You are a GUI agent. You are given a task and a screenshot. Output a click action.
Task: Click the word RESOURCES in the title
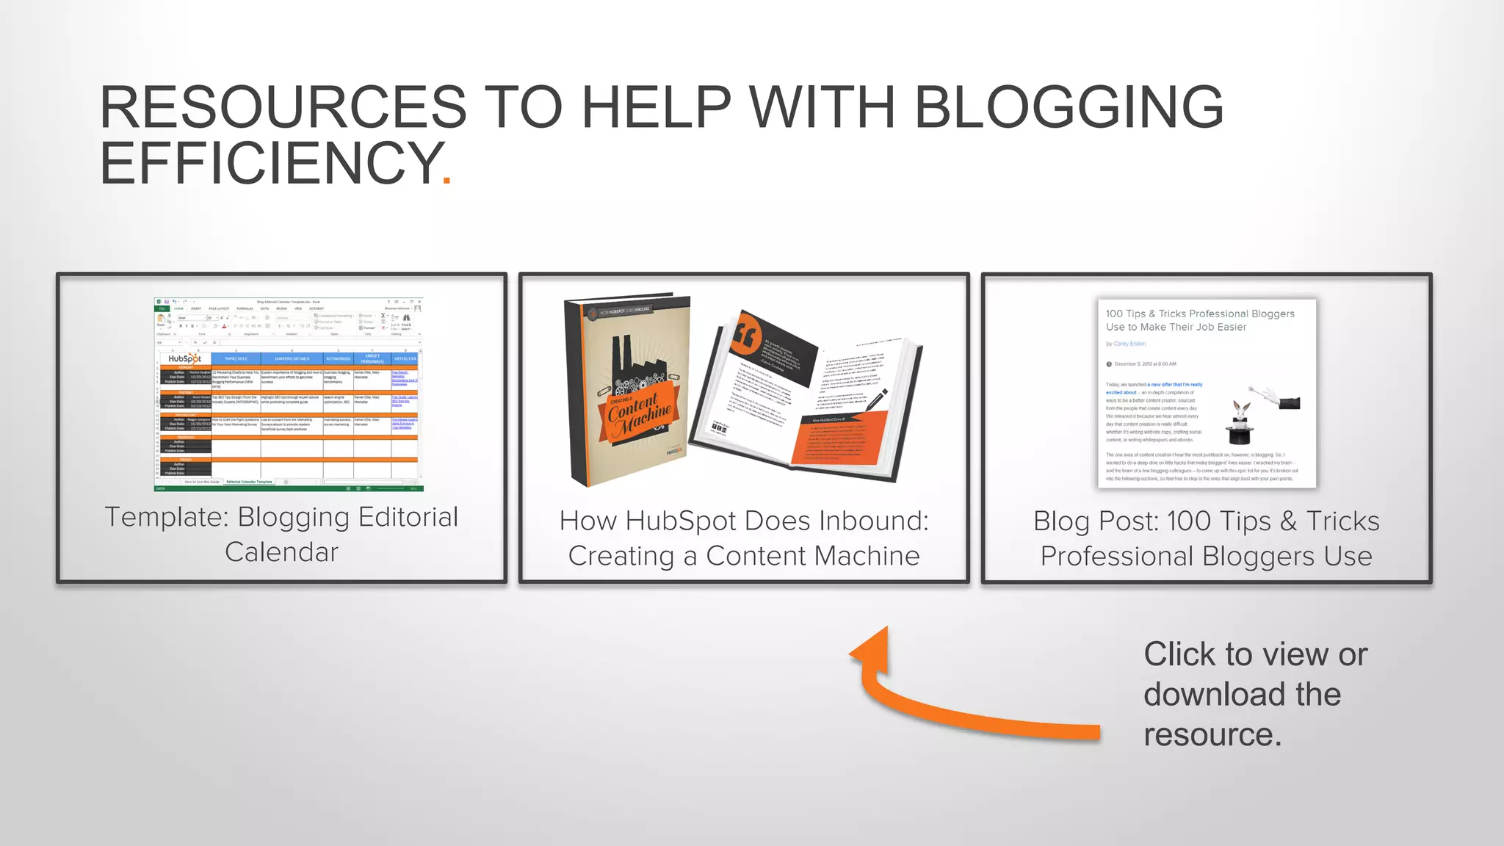click(x=283, y=107)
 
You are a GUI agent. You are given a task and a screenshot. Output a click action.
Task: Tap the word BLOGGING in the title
click(x=1069, y=107)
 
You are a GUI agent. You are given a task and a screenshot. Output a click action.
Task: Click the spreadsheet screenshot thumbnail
click(x=288, y=394)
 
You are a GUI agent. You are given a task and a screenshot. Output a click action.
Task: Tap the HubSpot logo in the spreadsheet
click(x=184, y=359)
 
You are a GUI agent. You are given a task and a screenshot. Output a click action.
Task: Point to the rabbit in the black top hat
click(x=1241, y=422)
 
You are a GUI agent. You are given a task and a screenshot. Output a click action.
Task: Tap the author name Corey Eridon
click(x=1129, y=344)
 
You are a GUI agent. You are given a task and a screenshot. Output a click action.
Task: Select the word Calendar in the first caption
click(x=281, y=552)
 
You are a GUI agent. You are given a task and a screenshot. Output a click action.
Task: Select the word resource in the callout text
click(x=1207, y=735)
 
